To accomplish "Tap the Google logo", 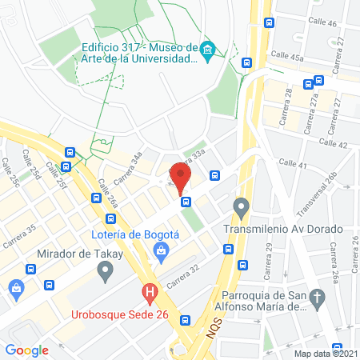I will click(27, 350).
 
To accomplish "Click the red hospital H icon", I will click(149, 294).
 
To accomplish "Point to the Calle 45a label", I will click(289, 56).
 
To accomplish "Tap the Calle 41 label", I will click(293, 165).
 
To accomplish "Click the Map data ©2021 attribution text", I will click(326, 353).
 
